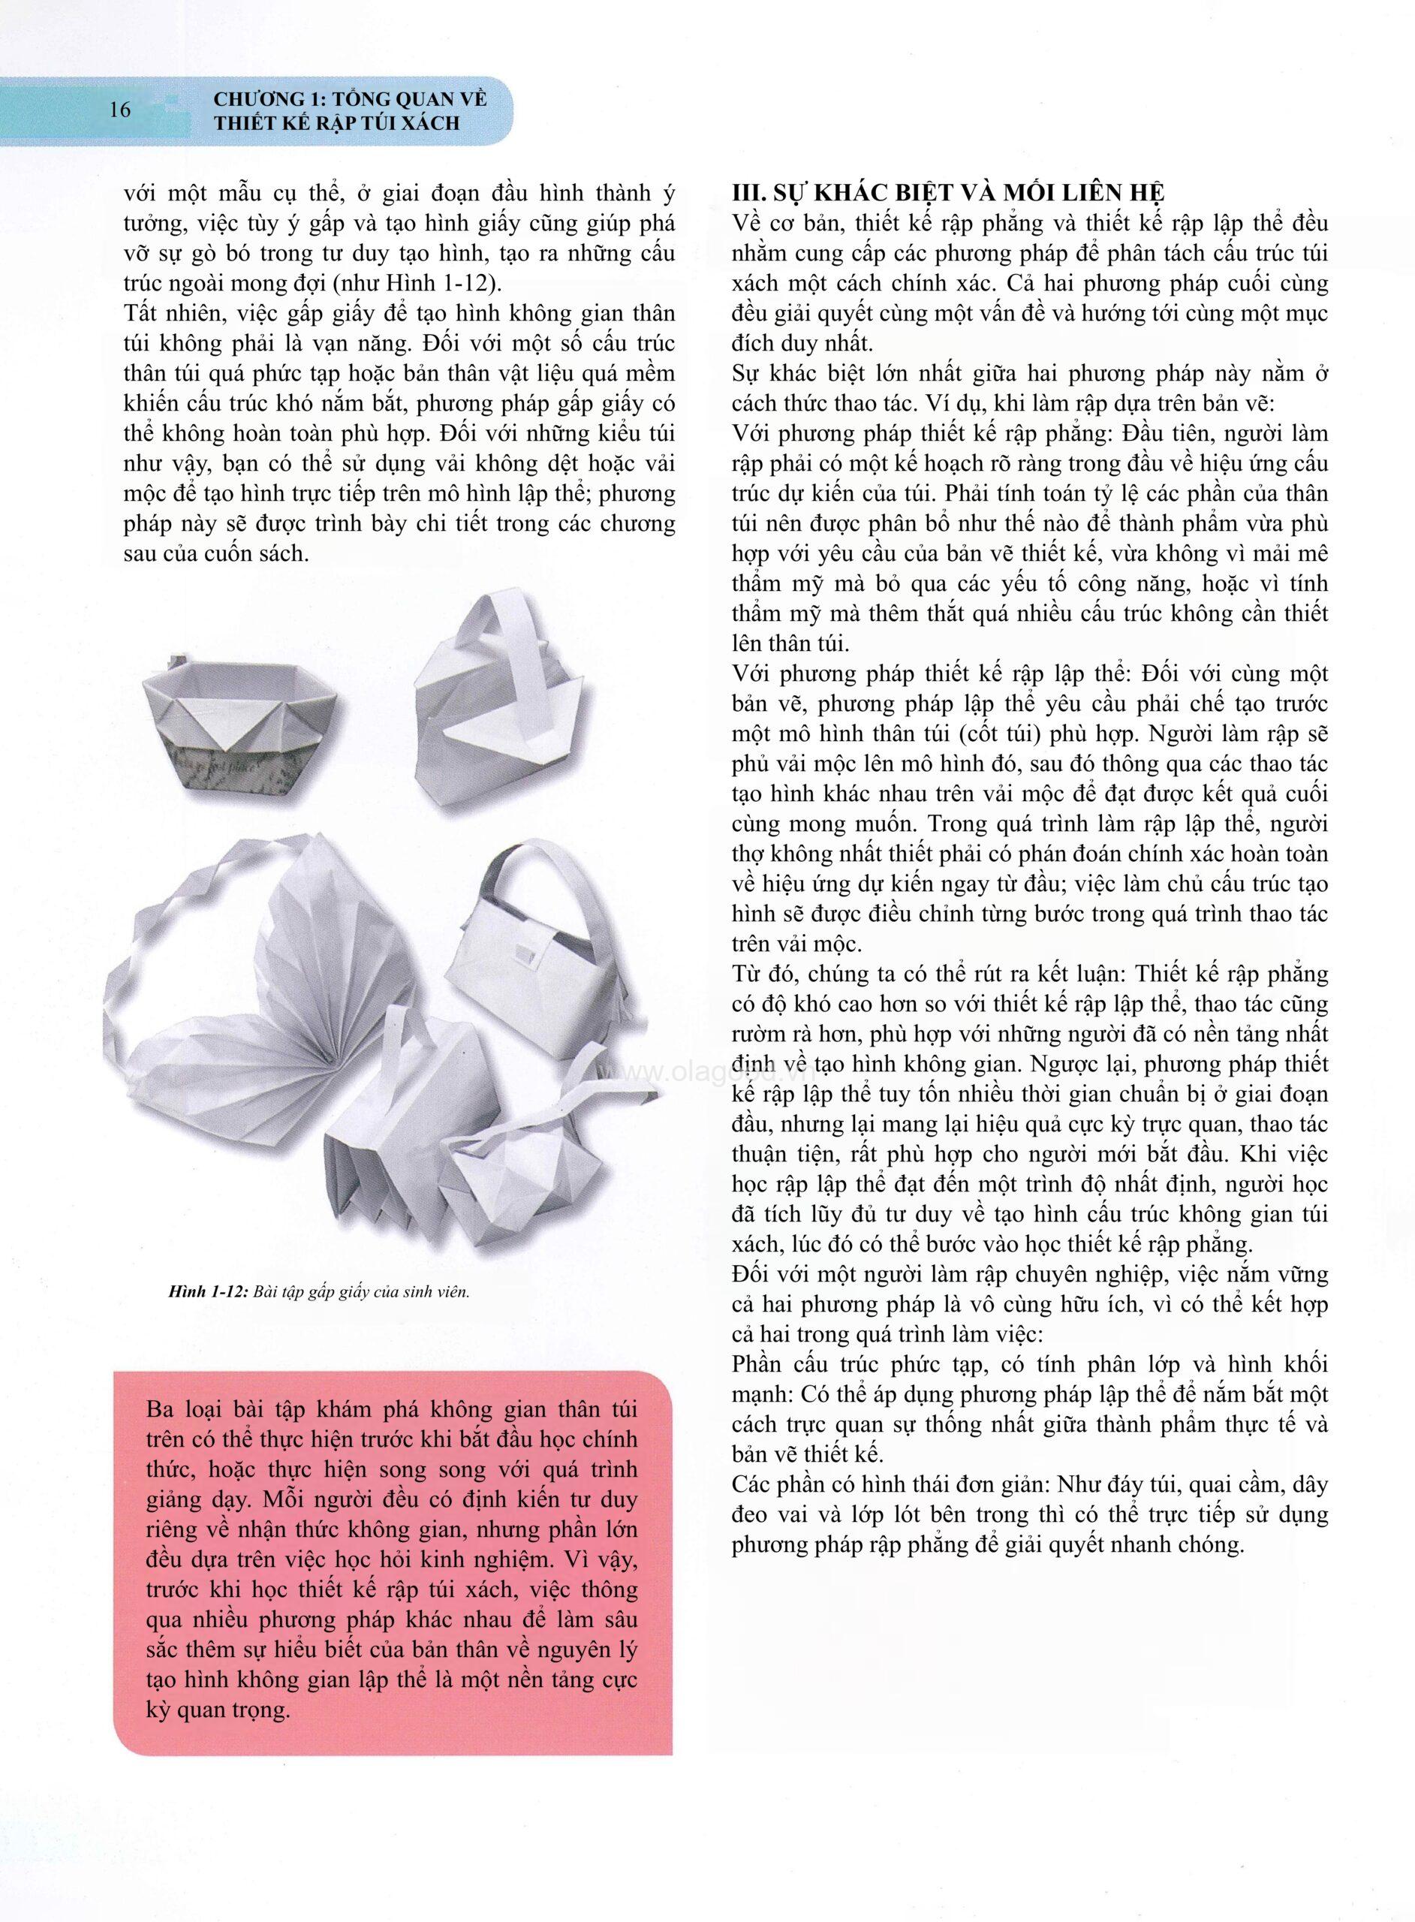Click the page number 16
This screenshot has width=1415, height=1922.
pyautogui.click(x=120, y=110)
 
